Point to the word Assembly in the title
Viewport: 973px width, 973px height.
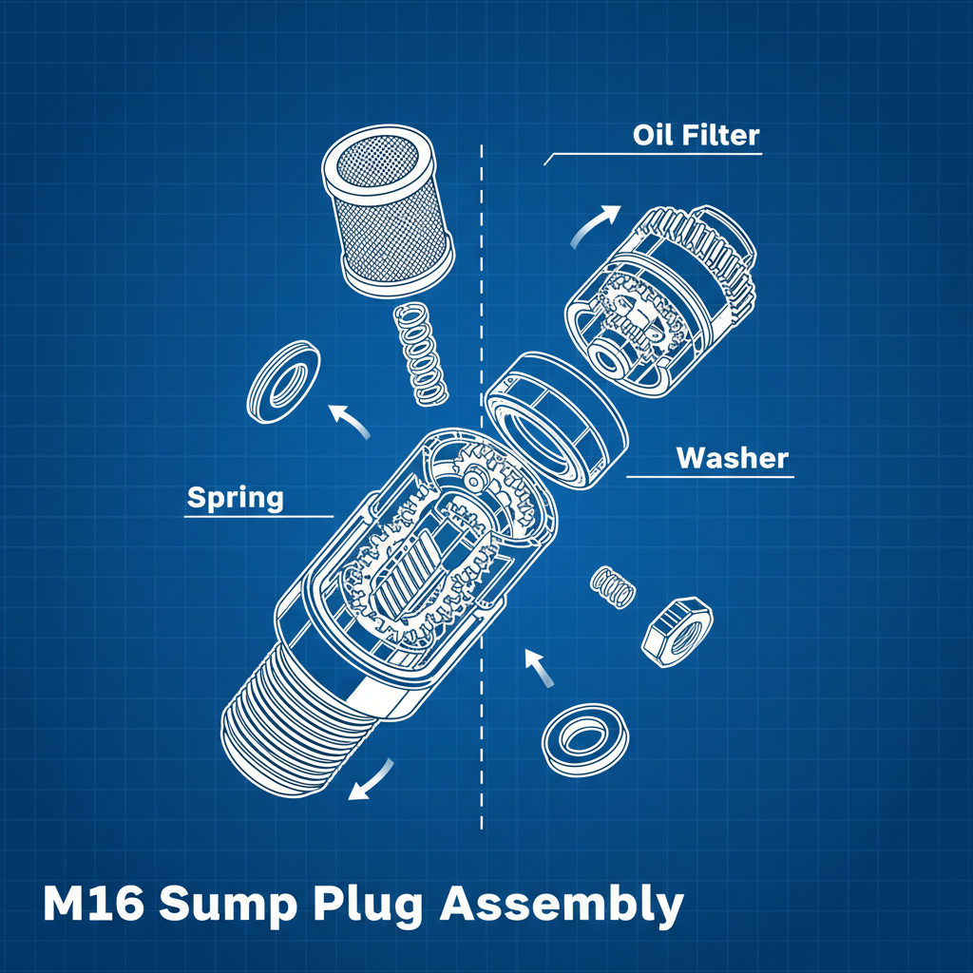(x=562, y=906)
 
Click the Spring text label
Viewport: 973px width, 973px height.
(x=235, y=498)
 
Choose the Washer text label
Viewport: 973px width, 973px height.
(x=732, y=458)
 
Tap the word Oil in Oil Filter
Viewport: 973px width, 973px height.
(x=654, y=135)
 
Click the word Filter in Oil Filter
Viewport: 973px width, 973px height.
(x=721, y=135)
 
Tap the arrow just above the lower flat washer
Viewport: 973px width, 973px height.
(x=540, y=669)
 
